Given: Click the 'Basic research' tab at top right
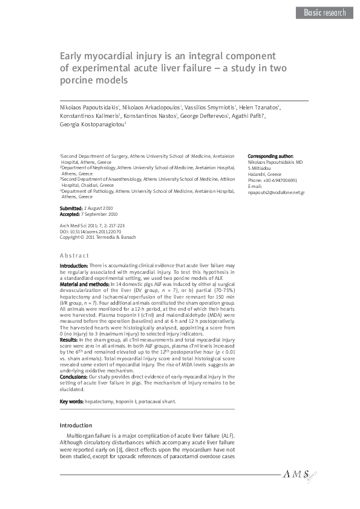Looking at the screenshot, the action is tap(325, 12).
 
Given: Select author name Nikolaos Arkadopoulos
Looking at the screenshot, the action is tap(151, 106).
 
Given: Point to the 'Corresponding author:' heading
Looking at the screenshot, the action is tap(271, 155).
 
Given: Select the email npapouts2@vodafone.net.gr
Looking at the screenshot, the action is tap(277, 192).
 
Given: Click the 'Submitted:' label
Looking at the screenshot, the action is tap(71, 208).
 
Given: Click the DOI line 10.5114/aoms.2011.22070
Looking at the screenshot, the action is tap(90, 230).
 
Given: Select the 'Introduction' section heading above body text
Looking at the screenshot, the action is tap(76, 426).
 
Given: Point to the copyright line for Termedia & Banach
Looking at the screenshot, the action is tap(93, 236).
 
